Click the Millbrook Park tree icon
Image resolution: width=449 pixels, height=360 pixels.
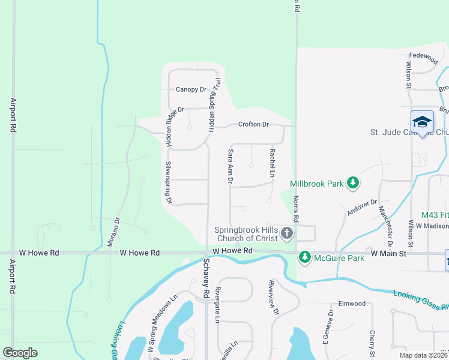coord(354,182)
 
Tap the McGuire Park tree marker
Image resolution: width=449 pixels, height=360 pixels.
coord(305,257)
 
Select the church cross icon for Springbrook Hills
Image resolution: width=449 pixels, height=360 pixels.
coord(287,233)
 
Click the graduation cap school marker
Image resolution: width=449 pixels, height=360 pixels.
coord(422,121)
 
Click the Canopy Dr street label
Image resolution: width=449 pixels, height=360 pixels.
coord(191,89)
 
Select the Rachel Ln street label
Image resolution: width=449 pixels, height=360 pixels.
coord(272,163)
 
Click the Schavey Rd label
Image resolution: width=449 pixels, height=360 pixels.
coord(205,275)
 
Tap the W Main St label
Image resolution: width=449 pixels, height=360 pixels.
coord(389,254)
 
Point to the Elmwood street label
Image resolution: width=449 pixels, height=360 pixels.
coord(352,304)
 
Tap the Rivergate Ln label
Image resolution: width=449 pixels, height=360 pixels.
coord(218,304)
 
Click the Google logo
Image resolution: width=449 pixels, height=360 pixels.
coord(20,353)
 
